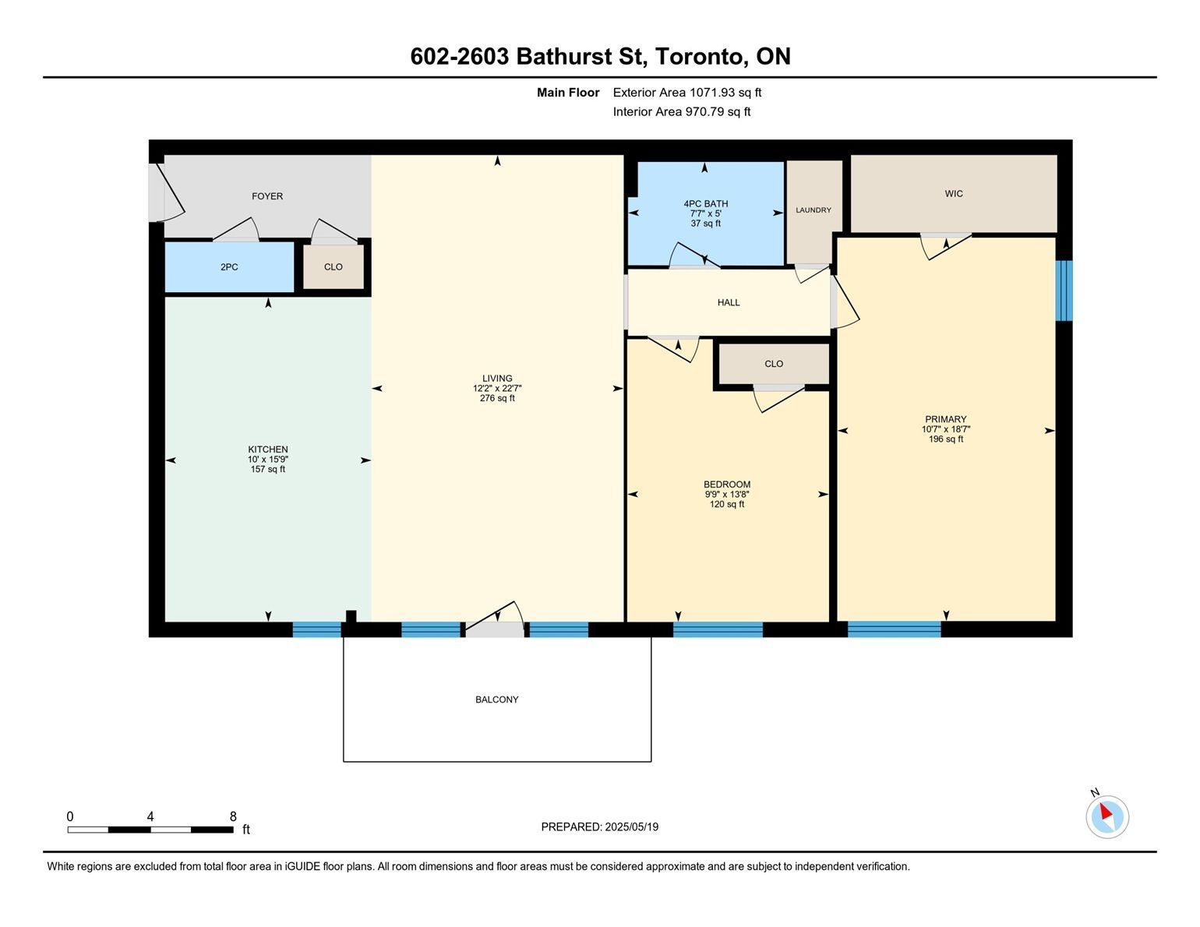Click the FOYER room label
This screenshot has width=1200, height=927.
(x=267, y=196)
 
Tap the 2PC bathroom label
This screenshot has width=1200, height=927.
(x=229, y=267)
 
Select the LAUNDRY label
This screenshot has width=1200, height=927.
(x=814, y=210)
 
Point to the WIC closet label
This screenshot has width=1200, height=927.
(x=954, y=194)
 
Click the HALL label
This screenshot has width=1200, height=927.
(x=729, y=302)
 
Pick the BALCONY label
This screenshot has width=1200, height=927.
(x=497, y=700)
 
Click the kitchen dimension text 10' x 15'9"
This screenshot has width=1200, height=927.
(x=268, y=460)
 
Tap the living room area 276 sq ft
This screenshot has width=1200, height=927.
(x=497, y=398)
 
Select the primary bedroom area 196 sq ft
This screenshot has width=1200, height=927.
(x=946, y=439)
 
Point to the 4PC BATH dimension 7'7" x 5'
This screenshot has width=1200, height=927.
(x=706, y=213)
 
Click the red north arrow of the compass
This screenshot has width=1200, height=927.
(x=1106, y=811)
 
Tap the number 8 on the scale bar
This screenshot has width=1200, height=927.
(x=233, y=816)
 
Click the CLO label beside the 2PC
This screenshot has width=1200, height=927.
(x=333, y=267)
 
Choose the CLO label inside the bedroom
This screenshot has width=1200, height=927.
(x=774, y=364)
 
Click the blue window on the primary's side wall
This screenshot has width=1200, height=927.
(x=1064, y=291)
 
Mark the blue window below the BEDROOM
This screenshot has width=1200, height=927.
(x=718, y=629)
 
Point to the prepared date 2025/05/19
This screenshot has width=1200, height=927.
(x=632, y=827)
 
